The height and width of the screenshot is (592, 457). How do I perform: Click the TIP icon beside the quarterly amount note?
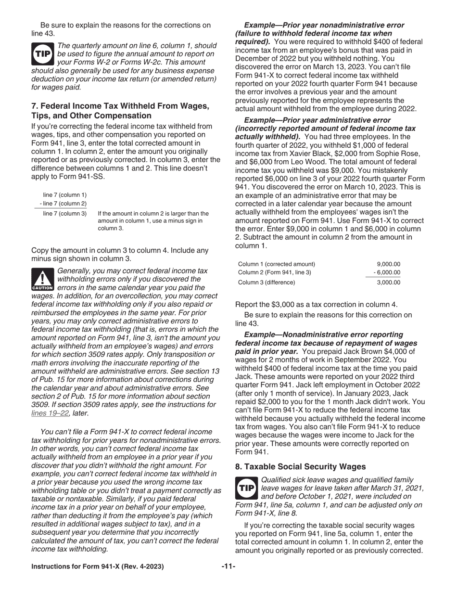coord(42,54)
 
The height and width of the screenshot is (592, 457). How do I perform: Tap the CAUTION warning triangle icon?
coord(42,280)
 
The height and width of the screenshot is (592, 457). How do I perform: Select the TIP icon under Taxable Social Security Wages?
coord(246,488)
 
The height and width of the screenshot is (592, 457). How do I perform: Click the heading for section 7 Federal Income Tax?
coord(120,111)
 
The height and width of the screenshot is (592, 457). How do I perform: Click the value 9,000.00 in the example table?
coord(389,264)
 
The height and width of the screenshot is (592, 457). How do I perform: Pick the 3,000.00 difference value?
coord(389,283)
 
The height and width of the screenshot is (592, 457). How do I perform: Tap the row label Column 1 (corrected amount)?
coord(277,264)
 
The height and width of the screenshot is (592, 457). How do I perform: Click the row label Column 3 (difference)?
coord(267,283)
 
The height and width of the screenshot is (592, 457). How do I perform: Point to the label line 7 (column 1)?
coord(64,195)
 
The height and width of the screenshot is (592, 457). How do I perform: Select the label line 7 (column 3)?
coord(64,213)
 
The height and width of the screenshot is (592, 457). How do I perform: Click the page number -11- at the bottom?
coord(228,566)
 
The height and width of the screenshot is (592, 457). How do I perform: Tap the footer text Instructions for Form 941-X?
coord(97,566)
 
